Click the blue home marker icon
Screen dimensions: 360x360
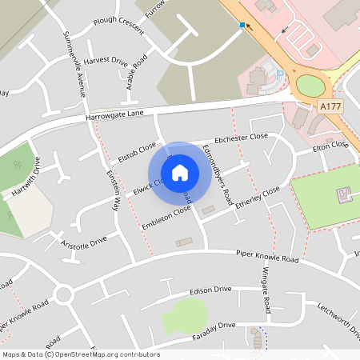[180, 172]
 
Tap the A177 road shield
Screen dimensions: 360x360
[330, 105]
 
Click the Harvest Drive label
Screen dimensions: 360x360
[106, 61]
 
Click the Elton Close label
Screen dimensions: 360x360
[330, 147]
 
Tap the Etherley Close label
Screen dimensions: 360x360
[257, 197]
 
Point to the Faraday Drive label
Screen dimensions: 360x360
[214, 326]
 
